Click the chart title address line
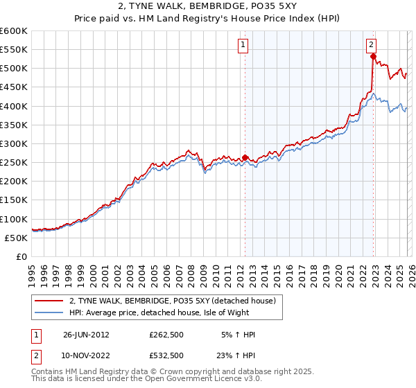click(x=208, y=7)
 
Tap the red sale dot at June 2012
click(x=245, y=157)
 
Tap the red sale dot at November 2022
click(x=373, y=56)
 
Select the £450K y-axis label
click(x=14, y=87)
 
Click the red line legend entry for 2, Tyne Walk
click(x=173, y=301)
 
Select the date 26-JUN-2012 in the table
click(x=86, y=335)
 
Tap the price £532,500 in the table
click(x=166, y=355)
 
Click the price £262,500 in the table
click(x=166, y=335)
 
